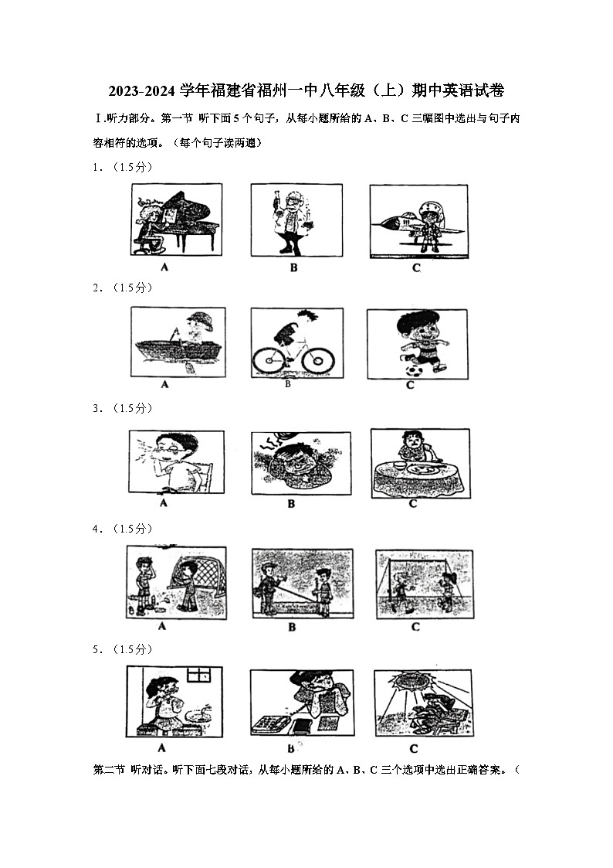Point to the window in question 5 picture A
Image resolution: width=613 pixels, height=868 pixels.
tap(198, 674)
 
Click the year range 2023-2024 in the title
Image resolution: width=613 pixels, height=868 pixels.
tap(143, 91)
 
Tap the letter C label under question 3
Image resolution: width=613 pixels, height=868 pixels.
tap(413, 503)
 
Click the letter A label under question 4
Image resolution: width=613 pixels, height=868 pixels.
tap(162, 626)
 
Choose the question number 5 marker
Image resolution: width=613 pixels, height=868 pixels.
tap(97, 649)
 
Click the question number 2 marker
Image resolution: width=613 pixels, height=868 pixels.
tap(97, 288)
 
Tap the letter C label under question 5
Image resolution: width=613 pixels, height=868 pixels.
tap(414, 748)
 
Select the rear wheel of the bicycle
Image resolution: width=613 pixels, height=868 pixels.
tap(266, 359)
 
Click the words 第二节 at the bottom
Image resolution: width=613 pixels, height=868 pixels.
tap(108, 771)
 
